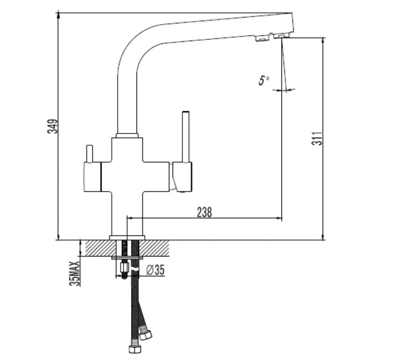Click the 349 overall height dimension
point(53,126)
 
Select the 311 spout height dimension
point(317,138)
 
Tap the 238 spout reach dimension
point(204,212)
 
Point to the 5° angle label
point(264,81)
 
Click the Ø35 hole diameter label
point(155,270)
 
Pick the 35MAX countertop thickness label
point(75,274)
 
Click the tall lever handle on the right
point(186,136)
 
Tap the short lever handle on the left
point(89,154)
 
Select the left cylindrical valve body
point(92,176)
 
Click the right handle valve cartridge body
point(182,176)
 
